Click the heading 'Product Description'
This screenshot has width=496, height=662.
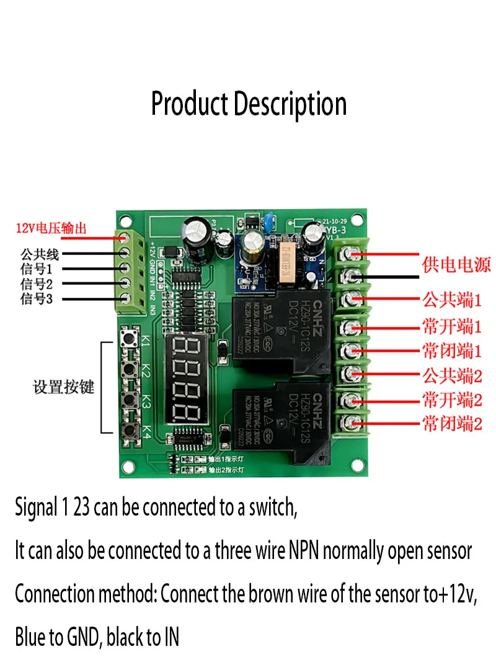tap(249, 104)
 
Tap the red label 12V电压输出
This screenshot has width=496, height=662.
tap(51, 228)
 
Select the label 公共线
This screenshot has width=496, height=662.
tap(39, 254)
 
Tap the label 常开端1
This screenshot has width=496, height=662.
tap(451, 326)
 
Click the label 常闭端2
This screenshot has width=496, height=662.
tap(451, 424)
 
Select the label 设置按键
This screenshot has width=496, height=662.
tap(63, 387)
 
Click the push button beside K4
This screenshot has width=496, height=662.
tap(131, 429)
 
